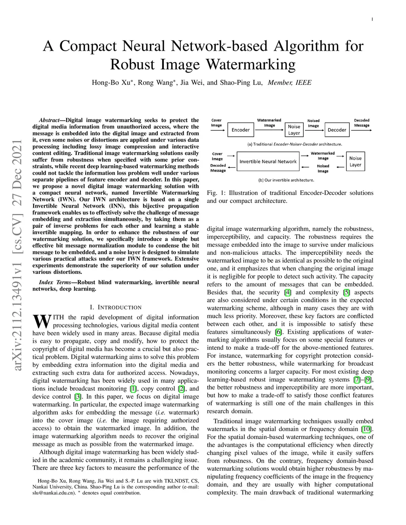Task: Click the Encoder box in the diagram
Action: [241, 130]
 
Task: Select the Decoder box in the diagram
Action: [337, 130]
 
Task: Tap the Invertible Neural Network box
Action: [268, 161]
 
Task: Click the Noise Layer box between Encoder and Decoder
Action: [294, 130]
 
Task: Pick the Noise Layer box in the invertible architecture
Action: [356, 161]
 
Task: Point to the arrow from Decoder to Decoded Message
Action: [362, 130]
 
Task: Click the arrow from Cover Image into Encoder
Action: [218, 130]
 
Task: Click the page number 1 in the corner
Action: [372, 19]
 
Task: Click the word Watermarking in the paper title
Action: [251, 65]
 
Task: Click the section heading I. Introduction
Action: [116, 307]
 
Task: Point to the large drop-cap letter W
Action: [42, 321]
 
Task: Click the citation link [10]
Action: [366, 429]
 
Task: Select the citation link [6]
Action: [278, 332]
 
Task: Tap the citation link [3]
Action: [78, 397]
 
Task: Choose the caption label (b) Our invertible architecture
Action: [286, 180]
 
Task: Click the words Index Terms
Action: [55, 282]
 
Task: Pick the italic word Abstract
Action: [49, 120]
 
